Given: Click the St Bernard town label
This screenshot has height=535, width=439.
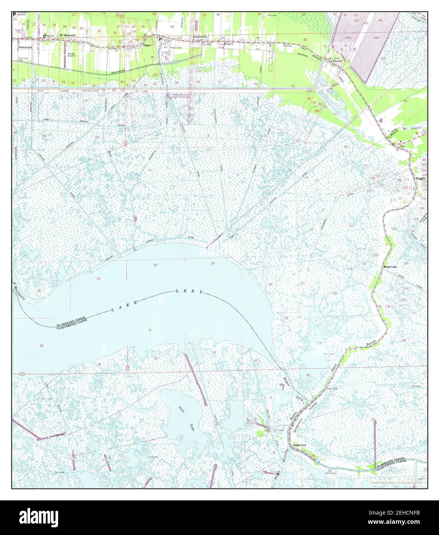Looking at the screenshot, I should (x=67, y=35).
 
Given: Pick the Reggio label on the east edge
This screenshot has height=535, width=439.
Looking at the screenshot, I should (x=420, y=179).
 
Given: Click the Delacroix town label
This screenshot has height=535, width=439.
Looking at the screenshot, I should (x=299, y=445).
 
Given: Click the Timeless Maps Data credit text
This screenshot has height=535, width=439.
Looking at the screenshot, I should (x=396, y=483).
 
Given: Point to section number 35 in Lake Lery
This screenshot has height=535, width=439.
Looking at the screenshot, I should (x=42, y=346).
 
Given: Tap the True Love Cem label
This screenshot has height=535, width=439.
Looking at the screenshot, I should (x=24, y=59).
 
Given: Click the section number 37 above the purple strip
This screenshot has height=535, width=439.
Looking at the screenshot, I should (x=372, y=419).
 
